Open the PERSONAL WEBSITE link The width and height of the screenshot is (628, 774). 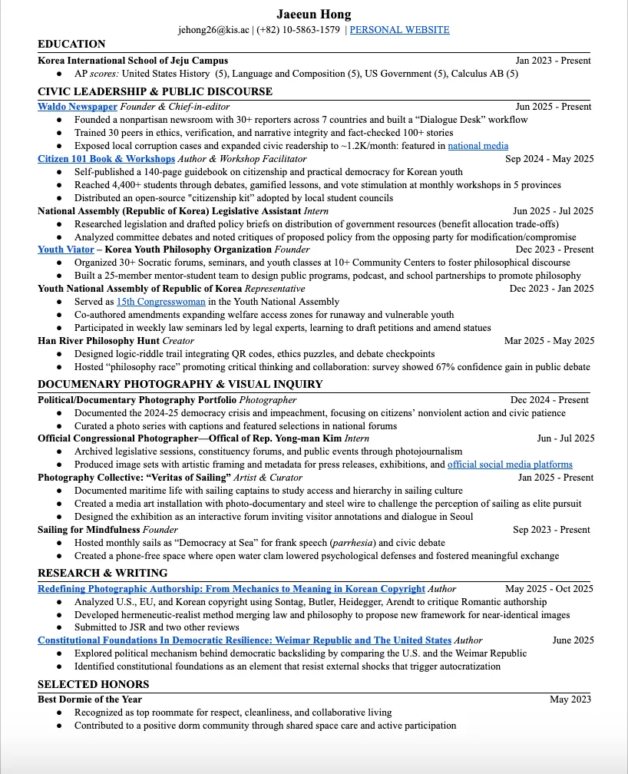(399, 30)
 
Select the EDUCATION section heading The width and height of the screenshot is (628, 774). (71, 44)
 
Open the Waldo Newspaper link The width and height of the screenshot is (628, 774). (77, 107)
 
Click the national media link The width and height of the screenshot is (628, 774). (478, 146)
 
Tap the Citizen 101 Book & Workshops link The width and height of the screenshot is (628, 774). (106, 159)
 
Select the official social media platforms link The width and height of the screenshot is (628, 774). (510, 465)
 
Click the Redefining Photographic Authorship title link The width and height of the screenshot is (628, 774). (231, 589)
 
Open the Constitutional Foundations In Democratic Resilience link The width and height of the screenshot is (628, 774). (244, 640)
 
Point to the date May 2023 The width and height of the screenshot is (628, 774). (570, 700)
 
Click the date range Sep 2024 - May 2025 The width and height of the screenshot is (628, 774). (549, 159)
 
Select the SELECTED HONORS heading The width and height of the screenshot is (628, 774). (94, 684)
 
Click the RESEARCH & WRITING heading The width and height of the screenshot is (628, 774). (102, 573)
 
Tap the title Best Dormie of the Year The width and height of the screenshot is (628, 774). (90, 700)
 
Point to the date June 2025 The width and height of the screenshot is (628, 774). (573, 640)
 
